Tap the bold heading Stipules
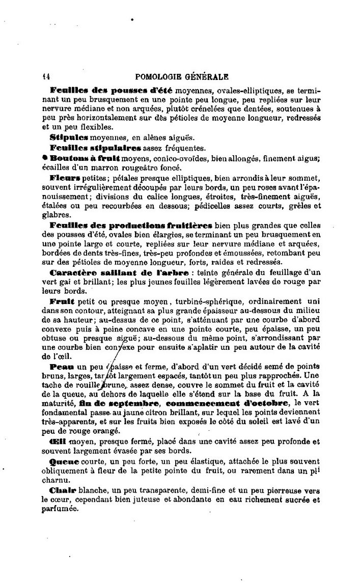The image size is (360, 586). [x=68, y=137]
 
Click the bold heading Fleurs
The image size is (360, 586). [x=66, y=178]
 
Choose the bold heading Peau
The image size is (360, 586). [x=62, y=367]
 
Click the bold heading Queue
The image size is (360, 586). [x=65, y=461]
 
